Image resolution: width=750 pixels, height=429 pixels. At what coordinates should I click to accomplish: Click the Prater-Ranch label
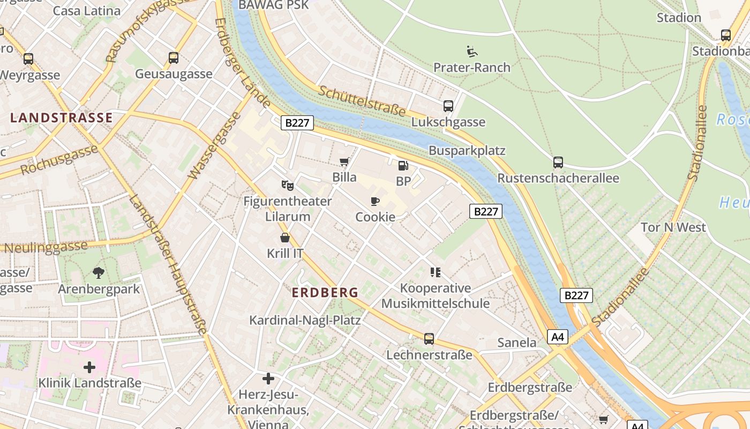(x=471, y=68)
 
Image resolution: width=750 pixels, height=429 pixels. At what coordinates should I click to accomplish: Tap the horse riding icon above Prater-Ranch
(x=472, y=51)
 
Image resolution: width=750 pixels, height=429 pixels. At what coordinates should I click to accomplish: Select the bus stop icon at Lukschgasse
(x=448, y=106)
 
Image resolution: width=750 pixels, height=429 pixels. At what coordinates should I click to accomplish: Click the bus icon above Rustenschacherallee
(x=558, y=162)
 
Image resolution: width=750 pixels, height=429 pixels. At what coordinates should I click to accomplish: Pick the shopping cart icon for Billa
(x=344, y=161)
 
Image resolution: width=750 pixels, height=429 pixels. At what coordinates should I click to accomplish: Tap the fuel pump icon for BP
(x=403, y=166)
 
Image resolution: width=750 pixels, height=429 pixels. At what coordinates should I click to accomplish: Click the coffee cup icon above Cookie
(x=375, y=202)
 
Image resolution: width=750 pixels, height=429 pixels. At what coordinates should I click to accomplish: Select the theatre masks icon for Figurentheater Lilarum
(x=288, y=186)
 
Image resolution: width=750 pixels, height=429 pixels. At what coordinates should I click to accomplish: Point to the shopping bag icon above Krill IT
(x=285, y=238)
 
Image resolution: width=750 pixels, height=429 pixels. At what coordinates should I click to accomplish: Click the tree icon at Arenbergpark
(x=98, y=273)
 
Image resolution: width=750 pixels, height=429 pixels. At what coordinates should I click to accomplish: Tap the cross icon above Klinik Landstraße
(x=89, y=367)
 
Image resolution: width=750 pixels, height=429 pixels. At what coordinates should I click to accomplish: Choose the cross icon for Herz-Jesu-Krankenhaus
(x=268, y=379)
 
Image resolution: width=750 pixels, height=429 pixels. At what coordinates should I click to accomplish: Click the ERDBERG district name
(x=325, y=293)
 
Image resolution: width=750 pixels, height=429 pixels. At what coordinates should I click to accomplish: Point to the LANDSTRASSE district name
(x=62, y=118)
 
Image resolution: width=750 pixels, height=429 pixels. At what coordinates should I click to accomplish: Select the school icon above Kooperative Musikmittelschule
(x=436, y=272)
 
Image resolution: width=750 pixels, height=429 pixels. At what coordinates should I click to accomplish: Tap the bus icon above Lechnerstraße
(x=429, y=339)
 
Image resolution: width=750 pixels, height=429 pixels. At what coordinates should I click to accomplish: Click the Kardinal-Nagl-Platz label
(x=305, y=321)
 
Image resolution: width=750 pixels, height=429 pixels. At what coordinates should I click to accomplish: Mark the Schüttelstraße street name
(x=362, y=100)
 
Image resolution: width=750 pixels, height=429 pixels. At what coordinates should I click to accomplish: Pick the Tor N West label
(x=673, y=227)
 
